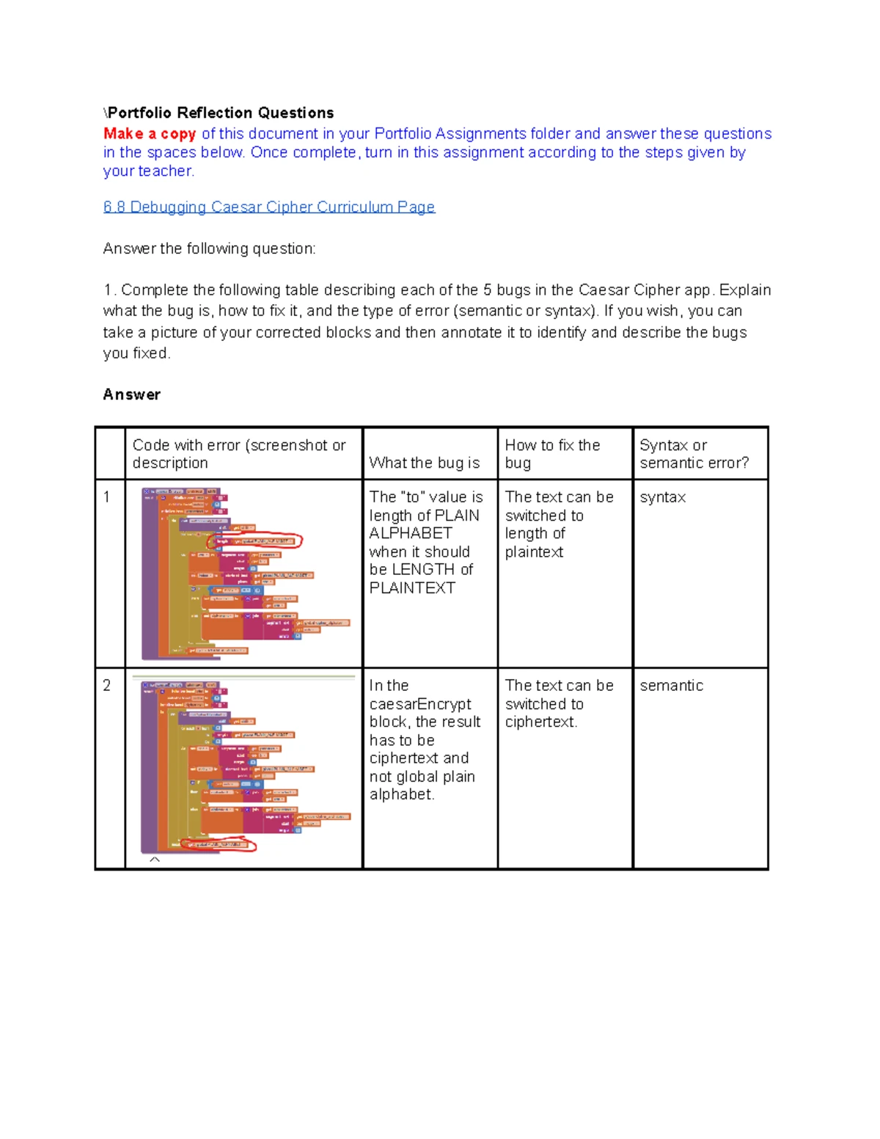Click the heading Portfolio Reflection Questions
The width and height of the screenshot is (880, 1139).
pos(220,113)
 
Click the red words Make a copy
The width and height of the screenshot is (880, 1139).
pos(150,133)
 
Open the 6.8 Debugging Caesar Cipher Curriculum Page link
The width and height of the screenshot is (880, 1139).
pos(269,207)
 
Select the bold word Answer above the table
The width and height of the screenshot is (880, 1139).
pos(131,395)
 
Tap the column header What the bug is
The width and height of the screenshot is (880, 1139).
pos(424,463)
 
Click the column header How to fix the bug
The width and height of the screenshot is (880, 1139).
pos(552,454)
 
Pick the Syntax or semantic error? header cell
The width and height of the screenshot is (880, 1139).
pos(694,454)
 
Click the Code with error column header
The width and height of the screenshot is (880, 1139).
pos(239,454)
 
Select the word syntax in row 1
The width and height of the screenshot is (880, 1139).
pos(662,497)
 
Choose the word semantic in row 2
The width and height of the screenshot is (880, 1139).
pos(671,686)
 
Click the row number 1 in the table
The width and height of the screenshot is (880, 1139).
pos(107,497)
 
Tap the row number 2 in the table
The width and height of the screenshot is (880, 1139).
pos(107,686)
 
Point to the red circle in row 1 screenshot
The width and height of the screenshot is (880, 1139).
pos(254,541)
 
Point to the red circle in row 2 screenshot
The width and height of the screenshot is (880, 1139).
pos(219,845)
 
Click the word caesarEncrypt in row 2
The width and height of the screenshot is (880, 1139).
pos(420,704)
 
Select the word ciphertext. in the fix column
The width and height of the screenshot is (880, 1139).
pos(541,722)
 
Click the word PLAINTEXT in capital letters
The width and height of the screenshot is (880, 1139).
pos(412,588)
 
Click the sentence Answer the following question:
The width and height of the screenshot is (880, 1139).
pos(209,249)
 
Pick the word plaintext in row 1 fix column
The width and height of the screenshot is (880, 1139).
pos(534,552)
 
